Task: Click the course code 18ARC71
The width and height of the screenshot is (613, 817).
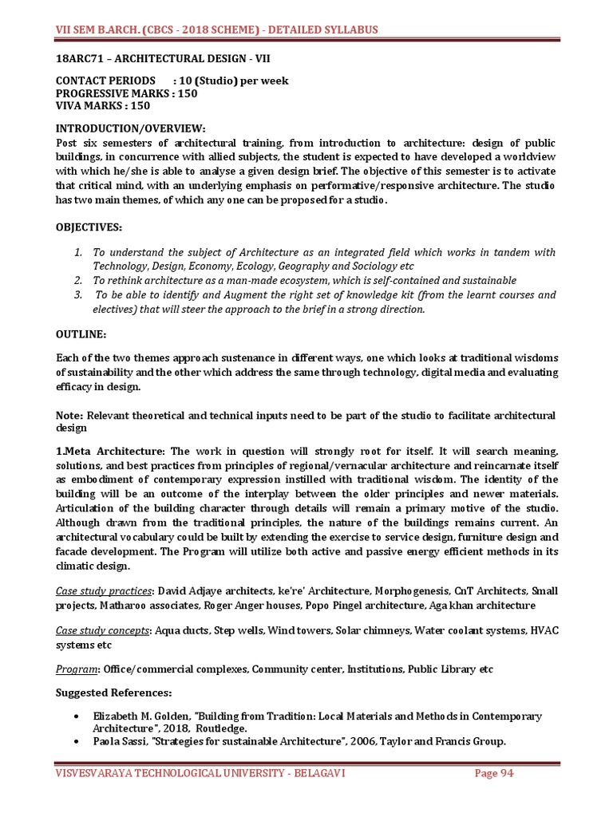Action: coord(81,57)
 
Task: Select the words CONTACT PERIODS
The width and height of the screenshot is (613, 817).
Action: coord(105,81)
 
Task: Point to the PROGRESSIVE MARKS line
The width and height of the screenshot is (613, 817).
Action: coord(126,93)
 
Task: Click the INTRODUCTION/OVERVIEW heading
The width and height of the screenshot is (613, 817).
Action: coord(130,128)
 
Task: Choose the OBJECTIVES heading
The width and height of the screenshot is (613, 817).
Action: coord(89,227)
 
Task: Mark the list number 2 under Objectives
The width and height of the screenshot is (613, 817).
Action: coord(78,280)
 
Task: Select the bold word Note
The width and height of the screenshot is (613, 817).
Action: coord(69,416)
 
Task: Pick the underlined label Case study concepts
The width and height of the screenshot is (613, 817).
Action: coord(103,630)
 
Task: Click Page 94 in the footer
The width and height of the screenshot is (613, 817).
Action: coord(493,773)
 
